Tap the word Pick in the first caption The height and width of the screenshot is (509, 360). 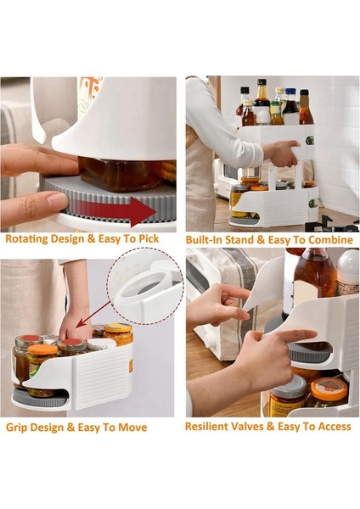click(x=149, y=239)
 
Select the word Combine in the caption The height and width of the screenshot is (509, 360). click(x=330, y=240)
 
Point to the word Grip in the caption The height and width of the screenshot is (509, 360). click(x=15, y=428)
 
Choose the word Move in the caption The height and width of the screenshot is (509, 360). click(x=132, y=428)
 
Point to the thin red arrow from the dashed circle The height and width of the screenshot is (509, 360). click(x=94, y=314)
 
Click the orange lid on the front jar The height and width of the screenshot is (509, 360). click(x=42, y=350)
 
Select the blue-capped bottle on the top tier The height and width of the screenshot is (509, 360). click(x=290, y=106)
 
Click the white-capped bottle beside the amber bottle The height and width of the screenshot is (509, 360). click(x=348, y=272)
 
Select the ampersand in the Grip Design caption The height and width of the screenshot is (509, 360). click(x=70, y=428)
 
